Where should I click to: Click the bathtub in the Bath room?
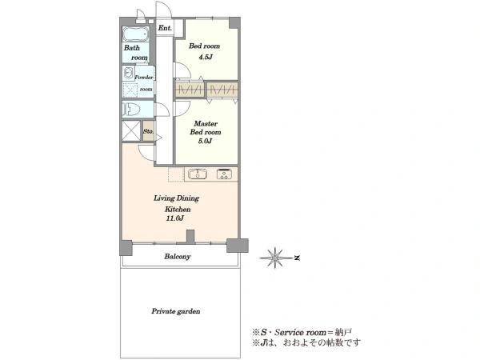[x=136, y=34]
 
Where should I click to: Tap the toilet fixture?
[x=132, y=109]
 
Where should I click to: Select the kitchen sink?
[x=198, y=174]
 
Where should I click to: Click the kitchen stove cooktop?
[x=224, y=174]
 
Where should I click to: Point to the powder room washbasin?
[x=128, y=73]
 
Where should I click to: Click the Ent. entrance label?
[x=165, y=28]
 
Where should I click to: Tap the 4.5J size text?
[x=205, y=57]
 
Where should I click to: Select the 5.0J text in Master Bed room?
[x=205, y=141]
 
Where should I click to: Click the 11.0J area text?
[x=174, y=218]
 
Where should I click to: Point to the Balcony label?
[x=178, y=257]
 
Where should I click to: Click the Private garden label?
[x=176, y=311]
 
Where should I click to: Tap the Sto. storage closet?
[x=149, y=131]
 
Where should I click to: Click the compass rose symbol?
[x=275, y=258]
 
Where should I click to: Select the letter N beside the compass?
[x=297, y=258]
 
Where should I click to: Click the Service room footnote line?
[x=302, y=332]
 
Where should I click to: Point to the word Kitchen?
[x=178, y=210]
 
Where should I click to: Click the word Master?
[x=206, y=124]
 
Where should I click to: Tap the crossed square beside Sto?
[x=131, y=131]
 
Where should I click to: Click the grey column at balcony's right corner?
[x=238, y=246]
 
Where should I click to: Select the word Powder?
[x=143, y=78]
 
